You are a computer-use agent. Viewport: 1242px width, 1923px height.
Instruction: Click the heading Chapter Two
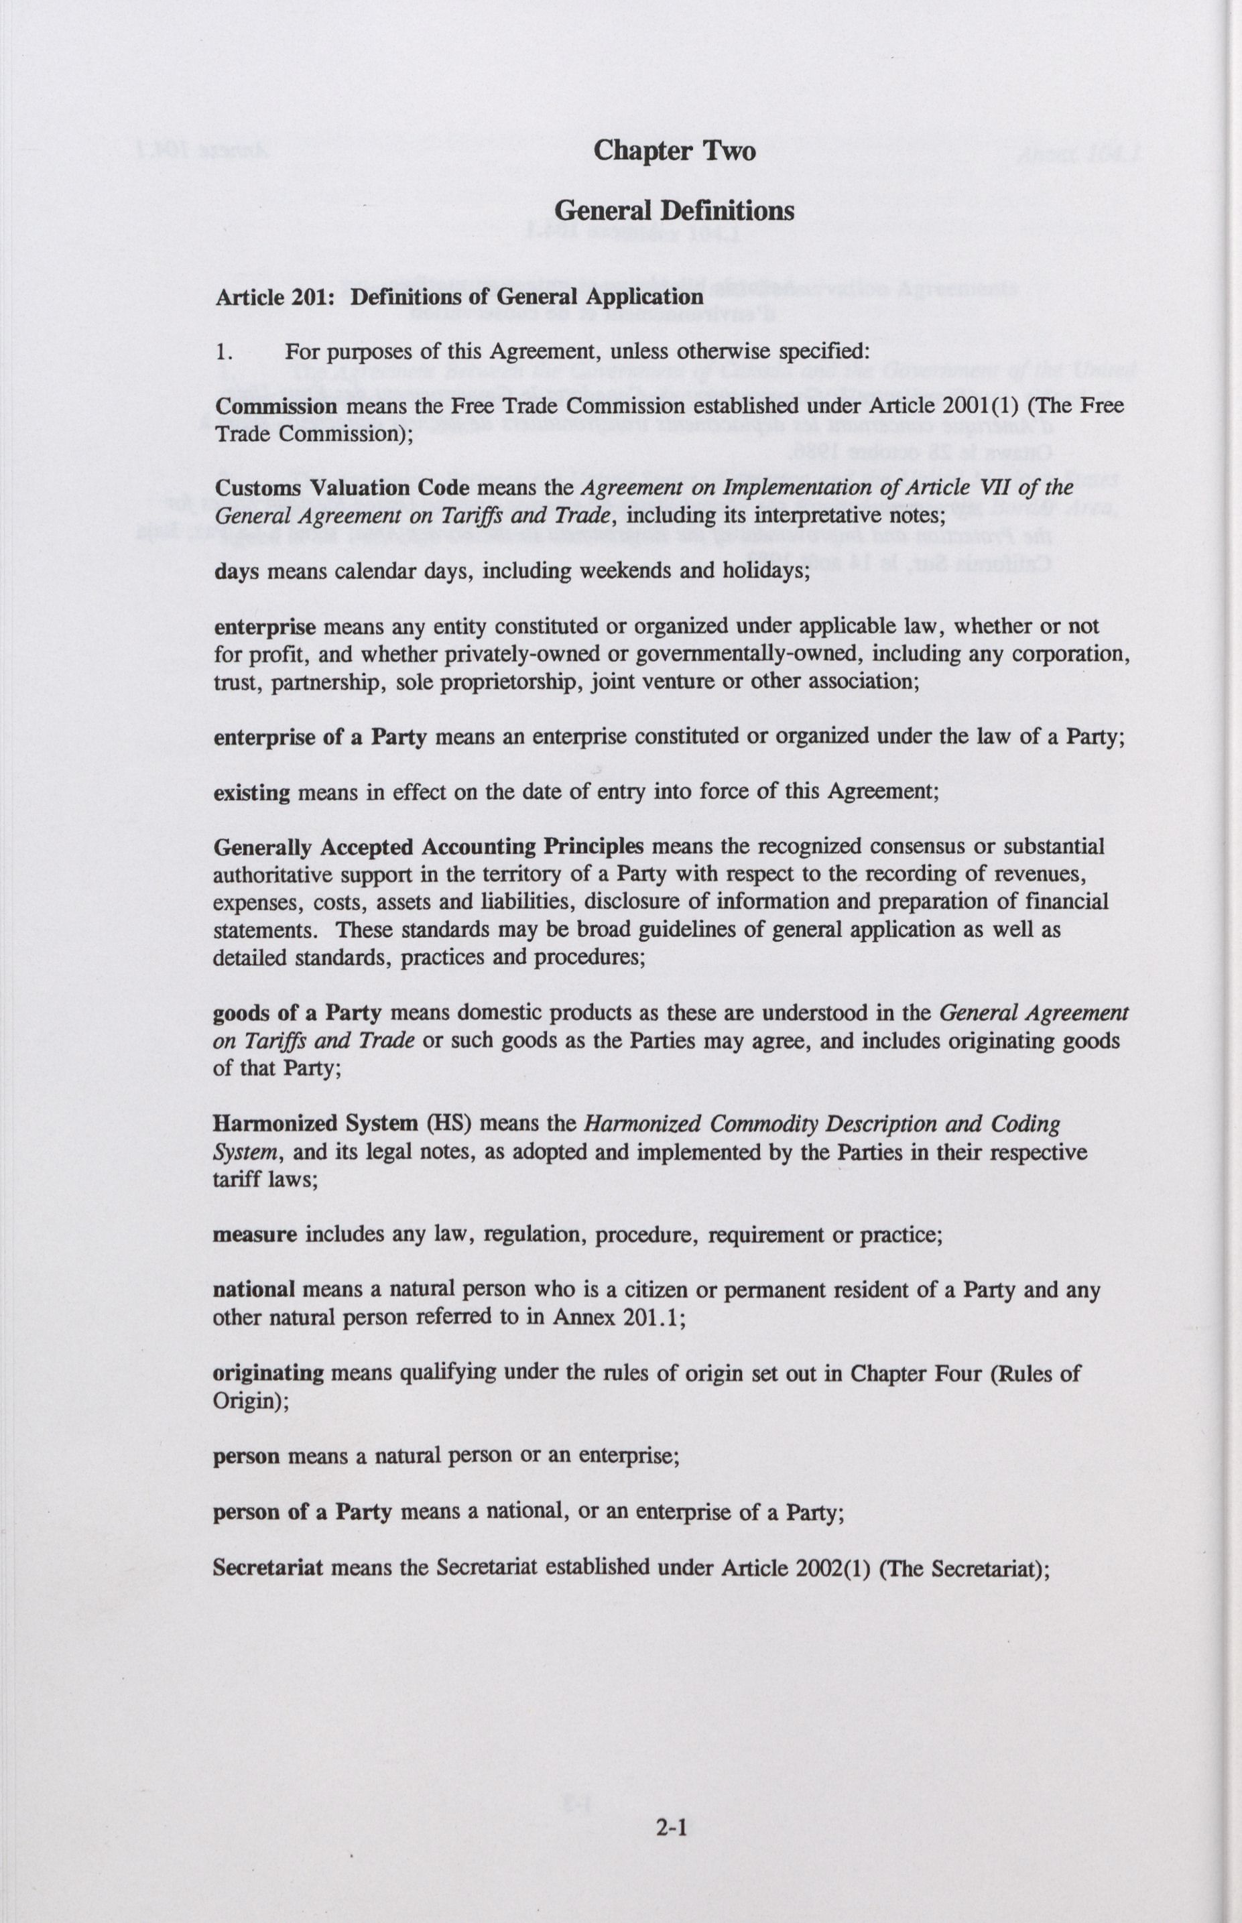[674, 151]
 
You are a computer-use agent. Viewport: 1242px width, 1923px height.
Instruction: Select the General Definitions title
[674, 210]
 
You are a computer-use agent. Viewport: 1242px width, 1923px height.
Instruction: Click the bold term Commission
[276, 406]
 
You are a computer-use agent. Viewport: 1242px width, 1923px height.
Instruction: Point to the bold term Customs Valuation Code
[342, 488]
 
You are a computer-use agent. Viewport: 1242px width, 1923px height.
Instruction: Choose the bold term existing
[251, 792]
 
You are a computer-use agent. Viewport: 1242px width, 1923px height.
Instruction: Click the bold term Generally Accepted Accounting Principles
[428, 847]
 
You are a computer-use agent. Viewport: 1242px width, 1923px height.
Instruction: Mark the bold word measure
[254, 1235]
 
